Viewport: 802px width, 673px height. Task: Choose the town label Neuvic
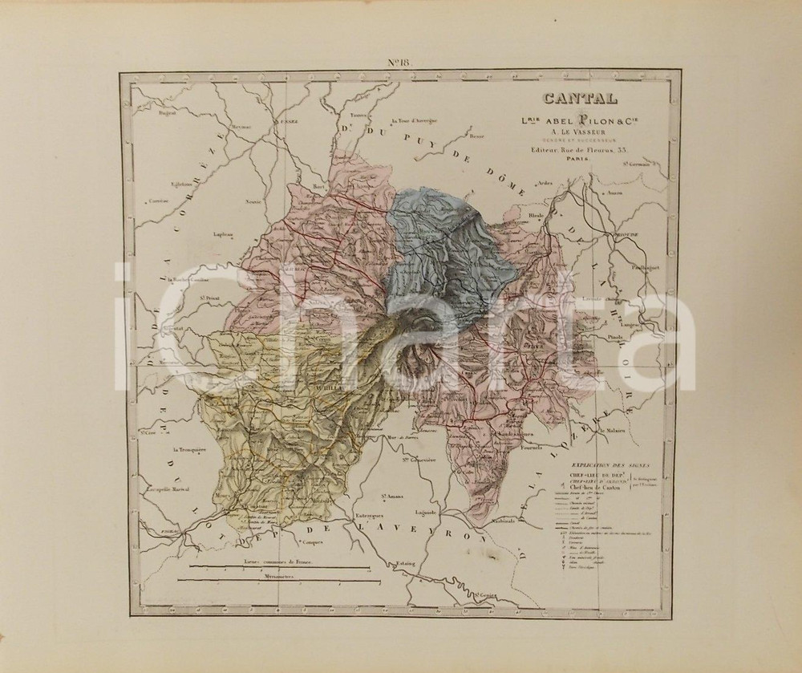coord(255,202)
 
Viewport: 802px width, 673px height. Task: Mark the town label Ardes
coord(545,183)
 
